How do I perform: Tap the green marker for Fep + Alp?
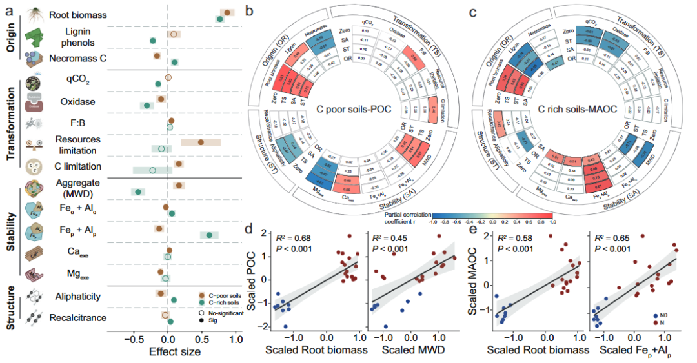click(x=209, y=235)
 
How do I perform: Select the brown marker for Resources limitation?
click(x=201, y=142)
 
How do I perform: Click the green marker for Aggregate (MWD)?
click(x=137, y=191)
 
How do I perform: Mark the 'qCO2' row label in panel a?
click(x=77, y=80)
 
